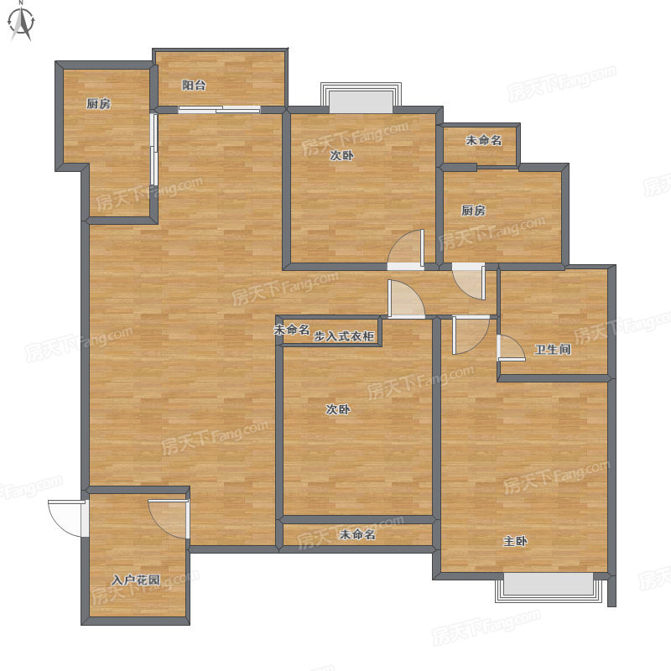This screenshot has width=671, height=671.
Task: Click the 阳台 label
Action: point(194,86)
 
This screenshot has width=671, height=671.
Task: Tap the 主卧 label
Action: point(515,541)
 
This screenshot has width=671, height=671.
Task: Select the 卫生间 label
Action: point(553,349)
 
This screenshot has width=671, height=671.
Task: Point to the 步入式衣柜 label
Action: point(344,336)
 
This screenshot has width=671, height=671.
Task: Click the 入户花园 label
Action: point(136,580)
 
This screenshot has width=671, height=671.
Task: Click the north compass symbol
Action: point(21,22)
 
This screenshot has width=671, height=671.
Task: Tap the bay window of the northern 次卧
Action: point(362,98)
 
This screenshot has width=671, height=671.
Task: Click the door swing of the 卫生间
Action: point(511,348)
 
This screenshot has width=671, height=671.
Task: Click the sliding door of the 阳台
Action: point(219,110)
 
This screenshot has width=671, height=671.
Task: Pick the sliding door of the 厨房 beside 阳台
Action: point(154,149)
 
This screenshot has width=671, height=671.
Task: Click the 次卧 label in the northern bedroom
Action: point(341,155)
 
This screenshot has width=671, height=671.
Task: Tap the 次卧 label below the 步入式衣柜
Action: point(338,409)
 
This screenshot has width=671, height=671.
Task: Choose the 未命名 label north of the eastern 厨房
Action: point(484,140)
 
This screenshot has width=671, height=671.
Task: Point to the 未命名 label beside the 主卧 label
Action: point(357,534)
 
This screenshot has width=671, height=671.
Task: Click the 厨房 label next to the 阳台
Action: point(98,103)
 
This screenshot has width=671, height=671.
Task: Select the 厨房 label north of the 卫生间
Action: point(473,211)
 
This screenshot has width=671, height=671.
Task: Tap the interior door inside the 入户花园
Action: point(169,518)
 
